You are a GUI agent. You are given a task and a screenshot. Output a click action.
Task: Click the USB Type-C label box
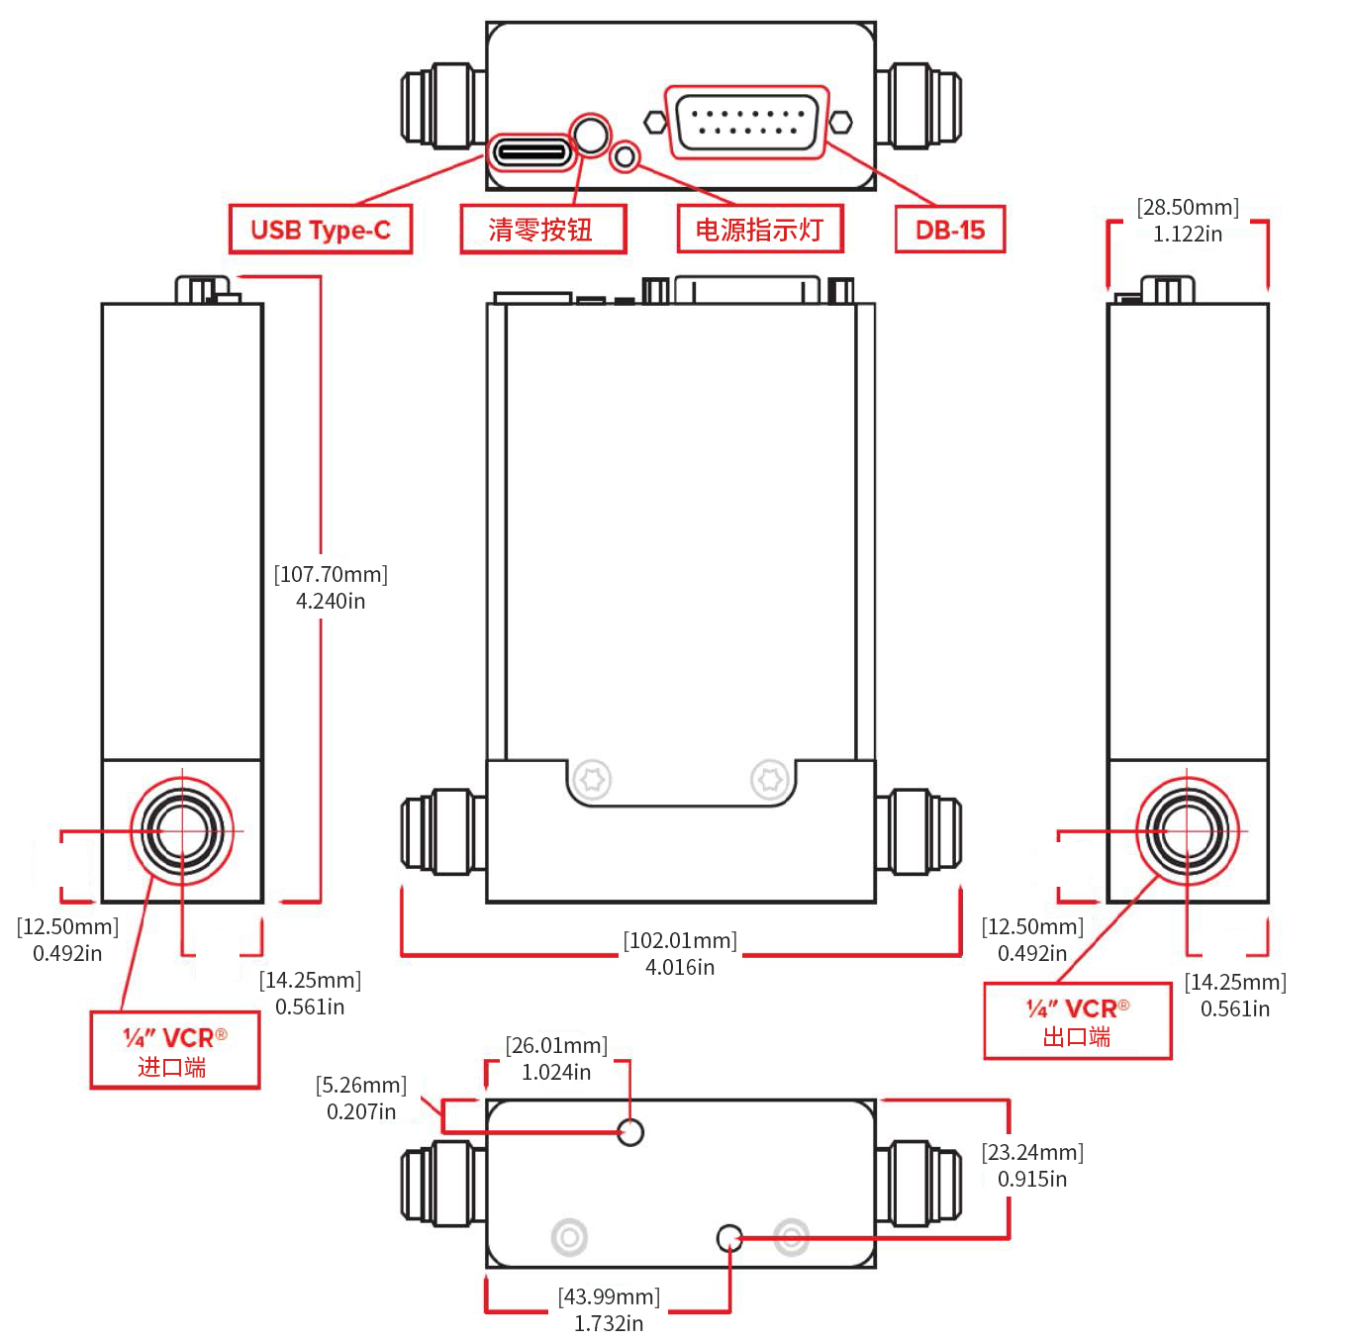point(320,230)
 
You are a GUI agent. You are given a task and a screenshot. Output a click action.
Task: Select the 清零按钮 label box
point(542,230)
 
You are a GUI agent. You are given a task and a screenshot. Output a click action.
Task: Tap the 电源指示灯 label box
point(759,230)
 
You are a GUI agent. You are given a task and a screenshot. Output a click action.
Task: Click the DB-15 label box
point(949,230)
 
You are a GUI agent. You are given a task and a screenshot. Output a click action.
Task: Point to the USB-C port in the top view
point(532,152)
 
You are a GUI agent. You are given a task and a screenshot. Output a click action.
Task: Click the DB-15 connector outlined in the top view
point(746,123)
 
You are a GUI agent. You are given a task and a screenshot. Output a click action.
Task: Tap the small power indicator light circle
point(625,156)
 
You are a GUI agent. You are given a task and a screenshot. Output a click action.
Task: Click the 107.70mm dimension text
point(331,587)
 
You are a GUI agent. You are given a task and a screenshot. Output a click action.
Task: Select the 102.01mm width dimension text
point(680,953)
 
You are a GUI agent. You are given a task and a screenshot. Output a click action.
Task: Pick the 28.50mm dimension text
point(1187,220)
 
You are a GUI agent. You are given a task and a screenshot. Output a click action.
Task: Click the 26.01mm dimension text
point(556,1058)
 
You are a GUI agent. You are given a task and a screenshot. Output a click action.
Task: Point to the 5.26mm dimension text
point(361,1098)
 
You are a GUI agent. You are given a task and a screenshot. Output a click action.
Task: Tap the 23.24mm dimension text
point(1032,1165)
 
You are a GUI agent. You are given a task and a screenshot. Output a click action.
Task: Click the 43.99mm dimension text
point(609,1309)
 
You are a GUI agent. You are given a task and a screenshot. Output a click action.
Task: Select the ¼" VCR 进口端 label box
point(175,1051)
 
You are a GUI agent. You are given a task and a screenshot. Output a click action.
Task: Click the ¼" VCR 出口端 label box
point(1077,1022)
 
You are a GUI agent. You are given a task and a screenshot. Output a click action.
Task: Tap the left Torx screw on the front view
point(592,779)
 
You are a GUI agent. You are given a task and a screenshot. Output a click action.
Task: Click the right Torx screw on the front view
point(770,779)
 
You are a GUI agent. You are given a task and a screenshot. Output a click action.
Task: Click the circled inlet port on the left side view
point(182,830)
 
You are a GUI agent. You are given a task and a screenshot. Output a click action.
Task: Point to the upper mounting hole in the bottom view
point(630,1131)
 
